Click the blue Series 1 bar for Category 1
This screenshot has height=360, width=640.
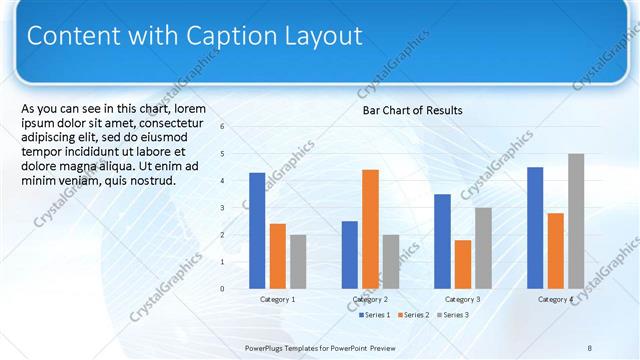click(x=257, y=230)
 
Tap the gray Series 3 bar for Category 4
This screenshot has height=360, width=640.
click(x=576, y=221)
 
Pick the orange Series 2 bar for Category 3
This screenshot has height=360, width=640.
click(x=462, y=264)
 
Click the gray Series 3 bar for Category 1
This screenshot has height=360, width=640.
click(x=298, y=261)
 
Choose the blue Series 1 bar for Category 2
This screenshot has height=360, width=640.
click(x=349, y=254)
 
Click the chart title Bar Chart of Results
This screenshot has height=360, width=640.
click(x=412, y=110)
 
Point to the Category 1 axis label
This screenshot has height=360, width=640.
click(x=278, y=299)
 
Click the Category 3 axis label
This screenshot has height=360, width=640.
click(x=463, y=299)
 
